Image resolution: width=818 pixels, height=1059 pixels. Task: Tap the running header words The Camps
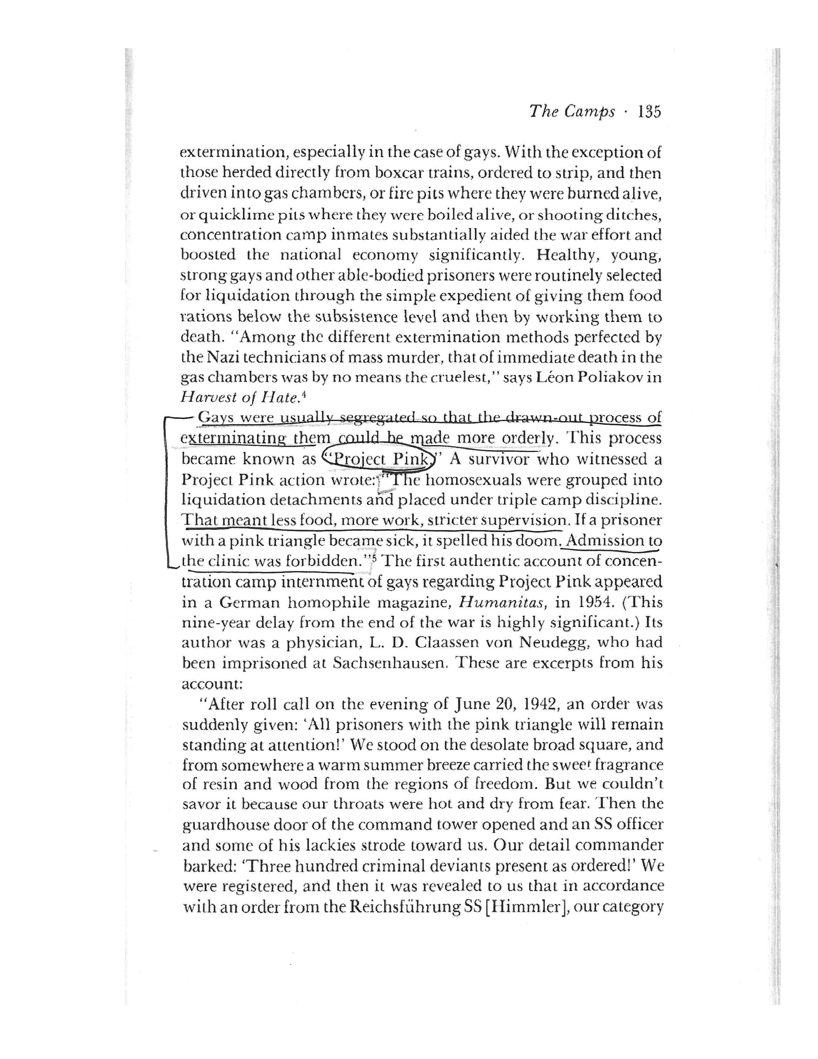572,112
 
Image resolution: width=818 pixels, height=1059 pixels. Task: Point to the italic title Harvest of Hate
238,398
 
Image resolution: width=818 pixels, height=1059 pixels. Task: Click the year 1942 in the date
542,704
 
